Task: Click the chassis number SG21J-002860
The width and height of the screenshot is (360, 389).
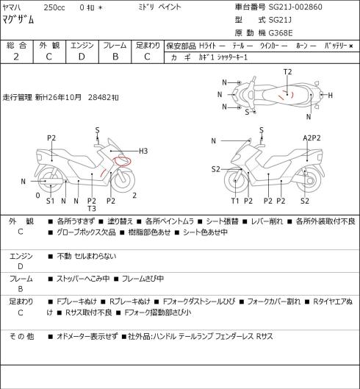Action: tap(295, 7)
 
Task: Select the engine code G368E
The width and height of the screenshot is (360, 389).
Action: tap(281, 33)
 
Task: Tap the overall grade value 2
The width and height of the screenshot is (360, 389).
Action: tap(16, 57)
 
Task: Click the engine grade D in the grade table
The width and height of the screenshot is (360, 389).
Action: tap(82, 57)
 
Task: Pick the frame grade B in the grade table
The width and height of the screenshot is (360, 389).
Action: tap(115, 57)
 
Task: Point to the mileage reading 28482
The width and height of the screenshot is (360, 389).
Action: tap(100, 97)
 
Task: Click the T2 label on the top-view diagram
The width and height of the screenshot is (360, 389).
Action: tap(287, 72)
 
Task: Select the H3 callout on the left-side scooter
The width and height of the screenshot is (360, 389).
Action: tap(143, 151)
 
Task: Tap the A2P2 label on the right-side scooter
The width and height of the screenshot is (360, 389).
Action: tap(312, 138)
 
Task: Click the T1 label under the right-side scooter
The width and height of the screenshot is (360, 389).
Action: tap(235, 201)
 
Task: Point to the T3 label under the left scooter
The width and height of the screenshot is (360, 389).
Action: tap(92, 209)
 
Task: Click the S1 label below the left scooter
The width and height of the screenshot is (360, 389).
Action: tap(51, 201)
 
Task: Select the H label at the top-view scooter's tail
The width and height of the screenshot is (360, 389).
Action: tap(330, 95)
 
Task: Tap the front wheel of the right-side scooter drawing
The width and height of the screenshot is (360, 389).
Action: tap(236, 181)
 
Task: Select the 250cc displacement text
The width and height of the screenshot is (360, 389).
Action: tap(54, 7)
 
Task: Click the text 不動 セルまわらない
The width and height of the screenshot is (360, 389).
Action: tap(87, 256)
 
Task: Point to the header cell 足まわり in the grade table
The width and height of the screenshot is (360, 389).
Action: tap(148, 46)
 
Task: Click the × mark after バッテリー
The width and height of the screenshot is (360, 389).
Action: tap(351, 46)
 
